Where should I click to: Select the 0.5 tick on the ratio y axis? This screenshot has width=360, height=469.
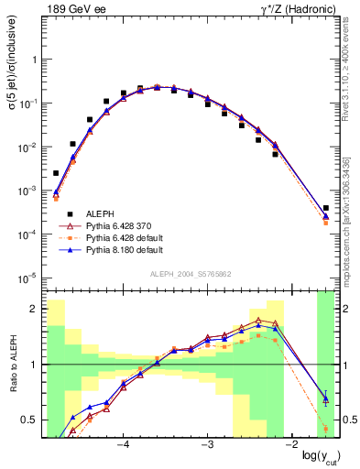coord(32,420)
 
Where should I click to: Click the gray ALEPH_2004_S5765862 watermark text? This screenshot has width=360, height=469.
coord(190,275)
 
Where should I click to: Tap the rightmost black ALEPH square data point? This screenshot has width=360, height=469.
coord(326,208)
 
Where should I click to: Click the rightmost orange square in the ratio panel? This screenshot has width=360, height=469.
coord(326,428)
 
